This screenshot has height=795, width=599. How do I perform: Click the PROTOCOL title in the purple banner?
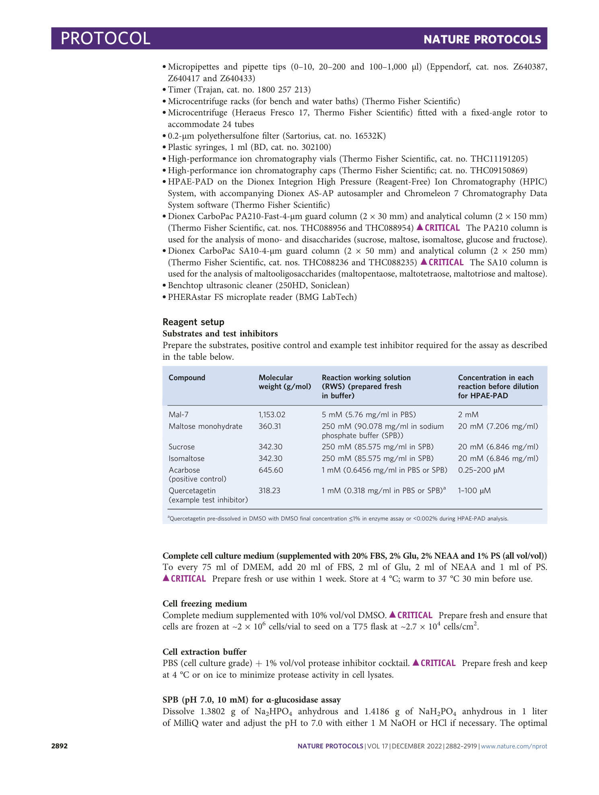(x=105, y=39)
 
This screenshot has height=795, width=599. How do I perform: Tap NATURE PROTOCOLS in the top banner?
(x=482, y=39)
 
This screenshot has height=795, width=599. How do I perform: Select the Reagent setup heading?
(x=193, y=322)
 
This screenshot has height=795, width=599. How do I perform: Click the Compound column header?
(x=187, y=377)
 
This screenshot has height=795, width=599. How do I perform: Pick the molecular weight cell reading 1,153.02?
(x=272, y=414)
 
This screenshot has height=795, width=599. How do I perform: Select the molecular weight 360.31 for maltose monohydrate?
(x=270, y=426)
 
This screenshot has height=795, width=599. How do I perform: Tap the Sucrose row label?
(x=181, y=447)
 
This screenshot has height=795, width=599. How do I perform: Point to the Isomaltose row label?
(x=186, y=458)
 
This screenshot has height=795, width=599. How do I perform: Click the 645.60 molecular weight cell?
(x=270, y=470)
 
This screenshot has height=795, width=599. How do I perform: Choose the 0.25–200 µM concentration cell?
(x=481, y=470)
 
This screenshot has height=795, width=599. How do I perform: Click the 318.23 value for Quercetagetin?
(x=269, y=490)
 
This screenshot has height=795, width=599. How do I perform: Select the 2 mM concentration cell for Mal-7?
(x=468, y=414)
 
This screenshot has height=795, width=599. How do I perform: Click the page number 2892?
(x=60, y=746)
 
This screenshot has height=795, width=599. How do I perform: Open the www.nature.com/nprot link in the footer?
(x=514, y=746)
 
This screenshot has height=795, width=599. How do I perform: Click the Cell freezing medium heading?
(x=204, y=603)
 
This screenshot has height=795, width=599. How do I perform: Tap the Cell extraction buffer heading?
(x=204, y=652)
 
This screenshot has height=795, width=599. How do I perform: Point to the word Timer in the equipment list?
(x=179, y=90)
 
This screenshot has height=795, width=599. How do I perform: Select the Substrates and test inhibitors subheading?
(x=220, y=334)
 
